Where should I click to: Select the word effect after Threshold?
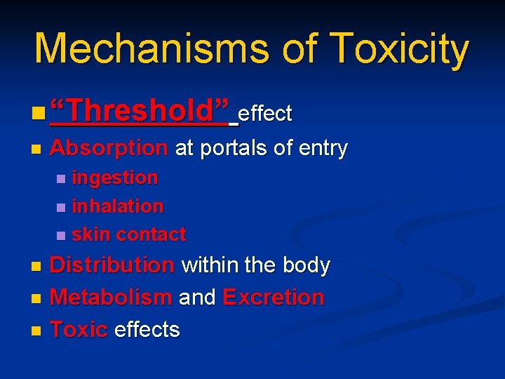265,113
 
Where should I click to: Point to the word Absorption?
109,148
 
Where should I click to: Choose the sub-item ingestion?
115,178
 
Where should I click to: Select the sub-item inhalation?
118,206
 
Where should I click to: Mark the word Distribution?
112,265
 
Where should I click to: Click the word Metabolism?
111,297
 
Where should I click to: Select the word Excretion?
274,297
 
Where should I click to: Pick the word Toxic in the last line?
79,329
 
